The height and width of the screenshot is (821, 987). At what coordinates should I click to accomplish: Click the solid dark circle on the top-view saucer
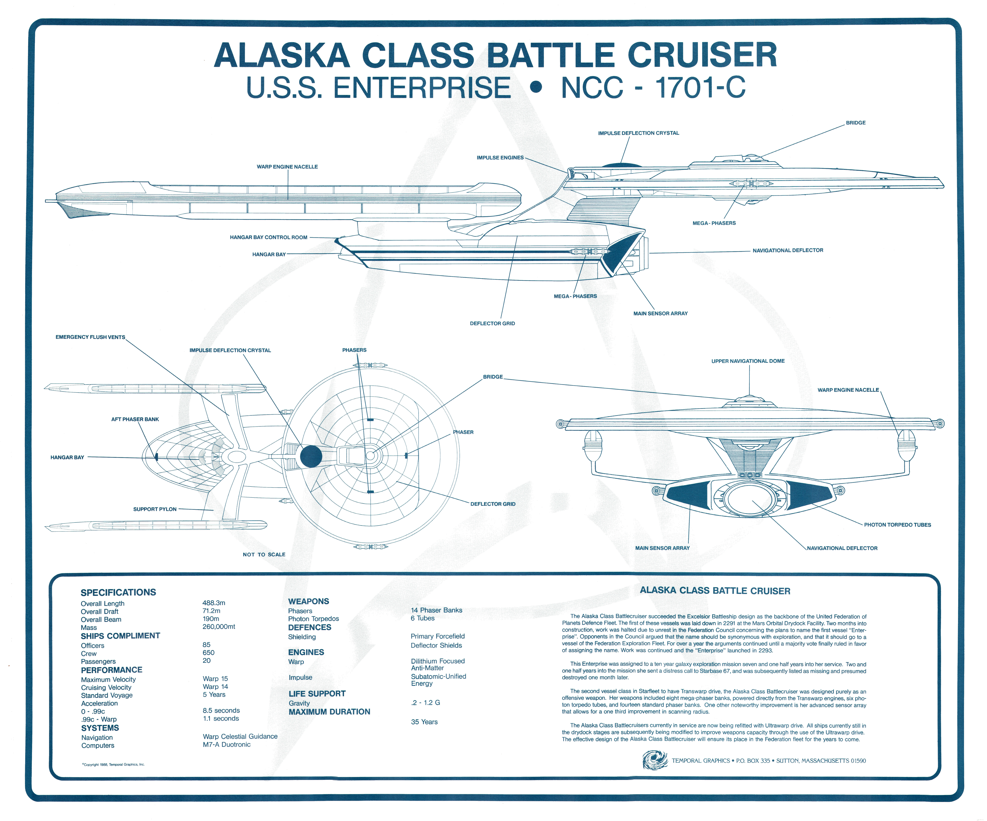pyautogui.click(x=311, y=456)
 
